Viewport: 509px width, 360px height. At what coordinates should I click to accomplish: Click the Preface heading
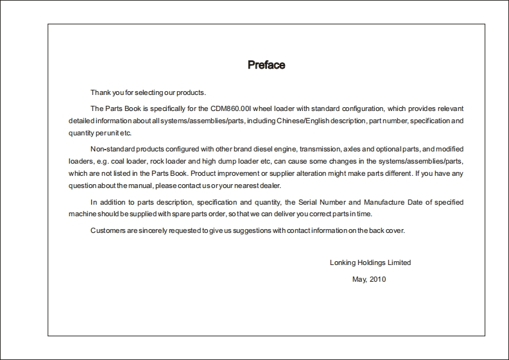point(266,65)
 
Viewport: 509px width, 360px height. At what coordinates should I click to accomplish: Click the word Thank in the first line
point(100,93)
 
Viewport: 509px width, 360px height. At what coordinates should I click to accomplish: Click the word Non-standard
point(112,149)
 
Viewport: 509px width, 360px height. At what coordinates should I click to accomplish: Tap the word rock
point(157,161)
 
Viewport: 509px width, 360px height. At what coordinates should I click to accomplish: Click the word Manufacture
point(377,202)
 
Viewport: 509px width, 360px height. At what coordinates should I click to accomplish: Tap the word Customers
point(107,230)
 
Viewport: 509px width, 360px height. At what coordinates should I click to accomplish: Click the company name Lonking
point(343,262)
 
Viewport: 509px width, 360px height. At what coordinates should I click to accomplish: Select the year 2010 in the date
point(378,279)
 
